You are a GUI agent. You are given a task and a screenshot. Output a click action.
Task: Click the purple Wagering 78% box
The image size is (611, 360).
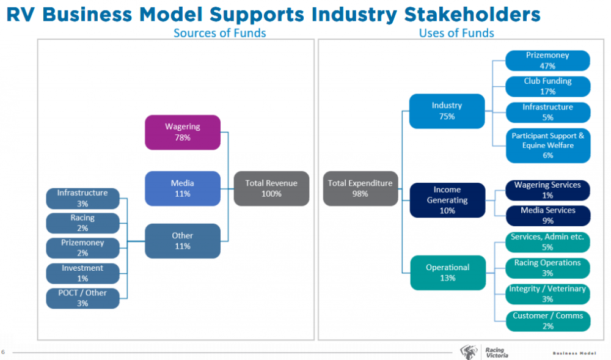[182, 132]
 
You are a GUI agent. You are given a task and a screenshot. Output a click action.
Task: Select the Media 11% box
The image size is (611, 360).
[182, 188]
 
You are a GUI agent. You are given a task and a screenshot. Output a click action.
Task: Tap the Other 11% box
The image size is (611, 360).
[182, 241]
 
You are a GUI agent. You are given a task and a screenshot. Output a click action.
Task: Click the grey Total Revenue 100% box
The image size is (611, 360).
[271, 188]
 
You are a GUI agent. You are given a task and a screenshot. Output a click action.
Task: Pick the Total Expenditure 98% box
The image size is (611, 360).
[360, 188]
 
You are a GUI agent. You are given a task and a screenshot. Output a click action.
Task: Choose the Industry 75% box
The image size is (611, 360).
[447, 111]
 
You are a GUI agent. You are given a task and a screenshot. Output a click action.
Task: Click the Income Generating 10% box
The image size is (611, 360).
[447, 200]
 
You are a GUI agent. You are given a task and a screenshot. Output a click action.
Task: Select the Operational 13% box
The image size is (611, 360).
[447, 273]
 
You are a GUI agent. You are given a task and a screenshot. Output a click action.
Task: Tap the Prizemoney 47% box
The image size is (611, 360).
[547, 61]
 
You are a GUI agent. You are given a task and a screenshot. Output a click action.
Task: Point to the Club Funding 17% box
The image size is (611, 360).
[547, 86]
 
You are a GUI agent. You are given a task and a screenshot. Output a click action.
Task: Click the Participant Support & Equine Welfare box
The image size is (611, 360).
[547, 145]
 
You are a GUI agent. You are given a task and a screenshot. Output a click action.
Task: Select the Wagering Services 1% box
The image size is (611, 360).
[547, 190]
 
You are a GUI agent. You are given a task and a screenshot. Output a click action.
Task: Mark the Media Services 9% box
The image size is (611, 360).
[547, 215]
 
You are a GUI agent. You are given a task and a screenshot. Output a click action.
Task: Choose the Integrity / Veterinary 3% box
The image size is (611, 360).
[547, 293]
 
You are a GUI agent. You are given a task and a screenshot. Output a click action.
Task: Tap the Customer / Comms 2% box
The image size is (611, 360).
[547, 321]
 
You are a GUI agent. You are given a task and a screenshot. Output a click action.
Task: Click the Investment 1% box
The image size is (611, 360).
[82, 273]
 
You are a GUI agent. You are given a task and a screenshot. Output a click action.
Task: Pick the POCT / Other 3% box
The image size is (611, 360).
[82, 298]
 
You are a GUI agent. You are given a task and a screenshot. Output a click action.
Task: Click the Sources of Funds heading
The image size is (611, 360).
[219, 33]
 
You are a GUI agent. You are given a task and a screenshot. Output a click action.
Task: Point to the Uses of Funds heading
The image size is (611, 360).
[456, 33]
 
